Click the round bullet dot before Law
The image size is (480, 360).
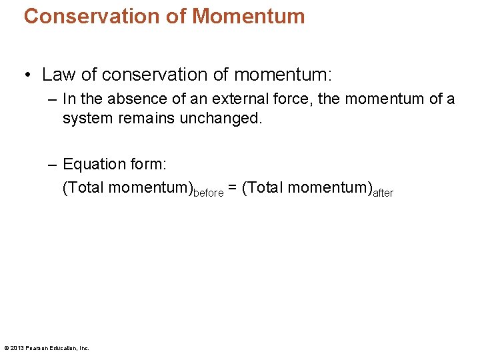coord(27,74)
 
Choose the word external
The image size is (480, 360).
coord(231,99)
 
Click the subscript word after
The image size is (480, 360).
coord(383,193)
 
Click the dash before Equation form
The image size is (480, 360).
coord(53,164)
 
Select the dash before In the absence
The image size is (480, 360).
coord(53,99)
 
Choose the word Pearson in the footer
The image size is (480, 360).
coord(37,348)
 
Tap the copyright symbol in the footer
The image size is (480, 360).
coord(7,348)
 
